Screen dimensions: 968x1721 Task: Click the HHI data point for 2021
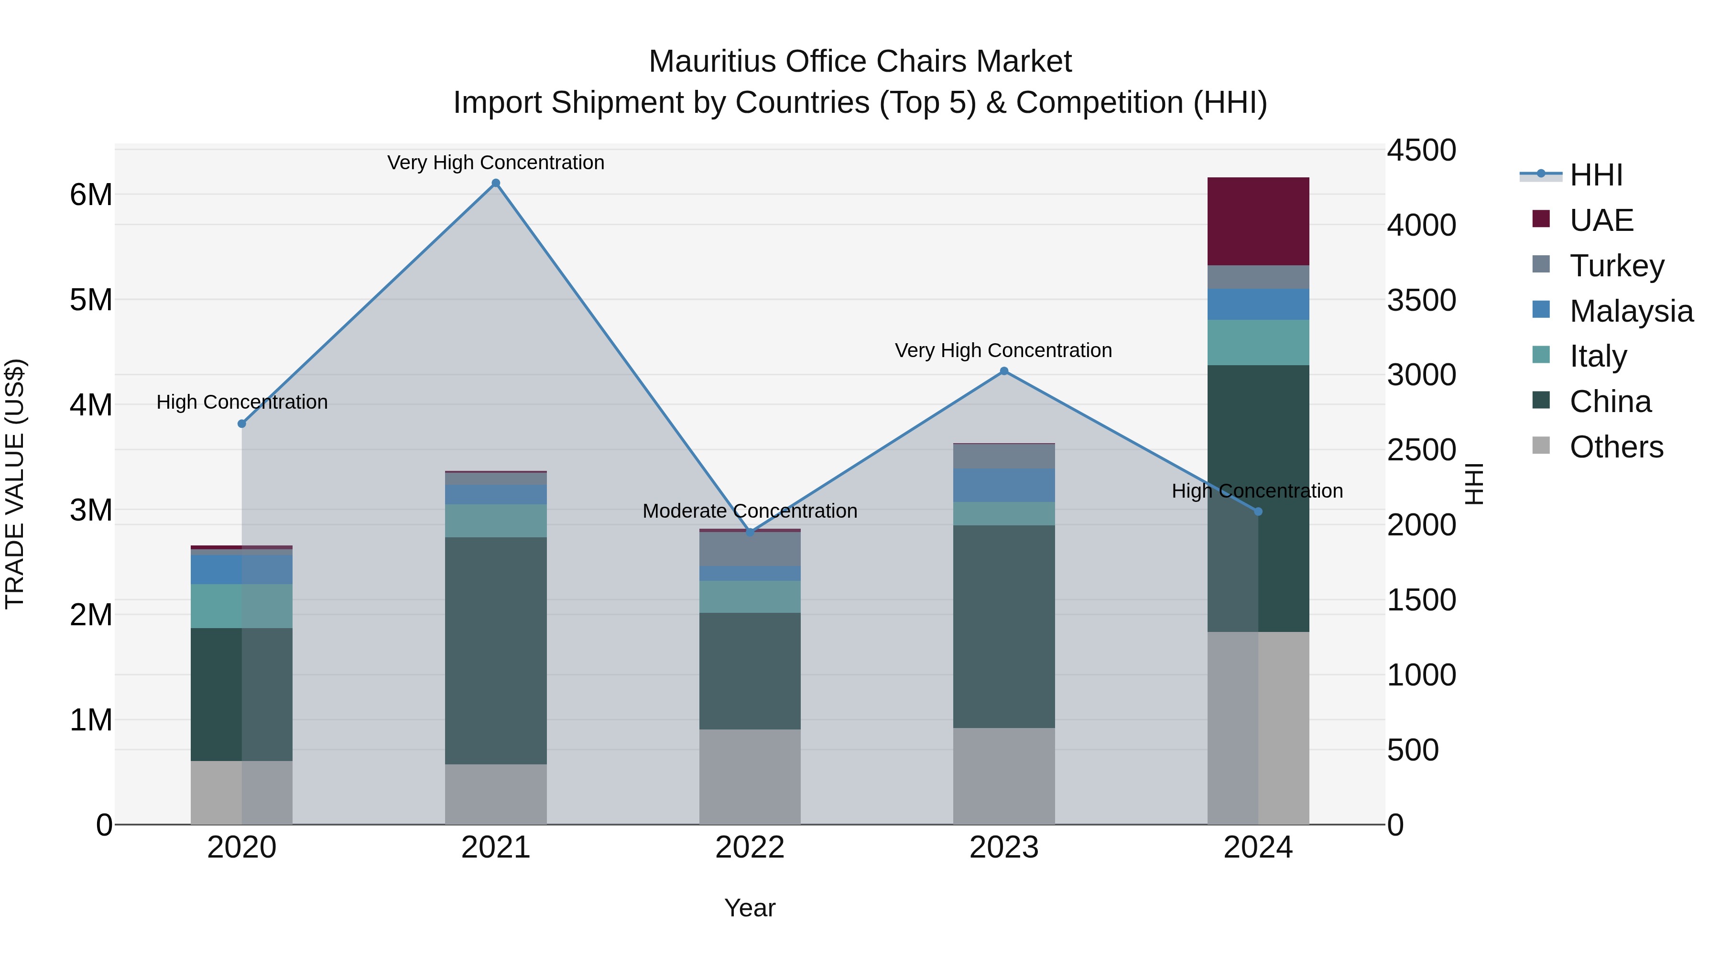pos(496,183)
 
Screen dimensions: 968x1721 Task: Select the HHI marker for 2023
pos(1003,371)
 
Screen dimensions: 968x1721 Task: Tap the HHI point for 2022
pos(750,533)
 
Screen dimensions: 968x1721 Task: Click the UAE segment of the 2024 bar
pos(1258,221)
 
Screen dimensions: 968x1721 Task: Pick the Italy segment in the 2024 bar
pos(1258,342)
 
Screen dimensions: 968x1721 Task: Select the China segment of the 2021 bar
pos(496,650)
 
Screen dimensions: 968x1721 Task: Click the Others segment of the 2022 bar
pos(750,776)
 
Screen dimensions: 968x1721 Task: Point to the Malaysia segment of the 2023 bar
pos(1003,485)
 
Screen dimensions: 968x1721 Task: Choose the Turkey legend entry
pos(1616,266)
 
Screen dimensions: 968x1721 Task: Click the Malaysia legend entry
pos(1631,311)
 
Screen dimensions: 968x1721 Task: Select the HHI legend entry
pos(1595,175)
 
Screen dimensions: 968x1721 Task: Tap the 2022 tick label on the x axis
pos(750,848)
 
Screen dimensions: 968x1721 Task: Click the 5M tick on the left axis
pos(91,300)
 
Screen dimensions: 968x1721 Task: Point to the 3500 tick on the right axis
pos(1421,300)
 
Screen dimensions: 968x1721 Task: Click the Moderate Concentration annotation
pos(750,511)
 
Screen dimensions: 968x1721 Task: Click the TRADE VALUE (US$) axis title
pos(15,484)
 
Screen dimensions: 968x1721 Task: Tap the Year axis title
pos(750,908)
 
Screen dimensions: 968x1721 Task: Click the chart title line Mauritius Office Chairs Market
pos(860,62)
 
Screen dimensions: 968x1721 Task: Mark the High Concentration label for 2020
pos(242,402)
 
